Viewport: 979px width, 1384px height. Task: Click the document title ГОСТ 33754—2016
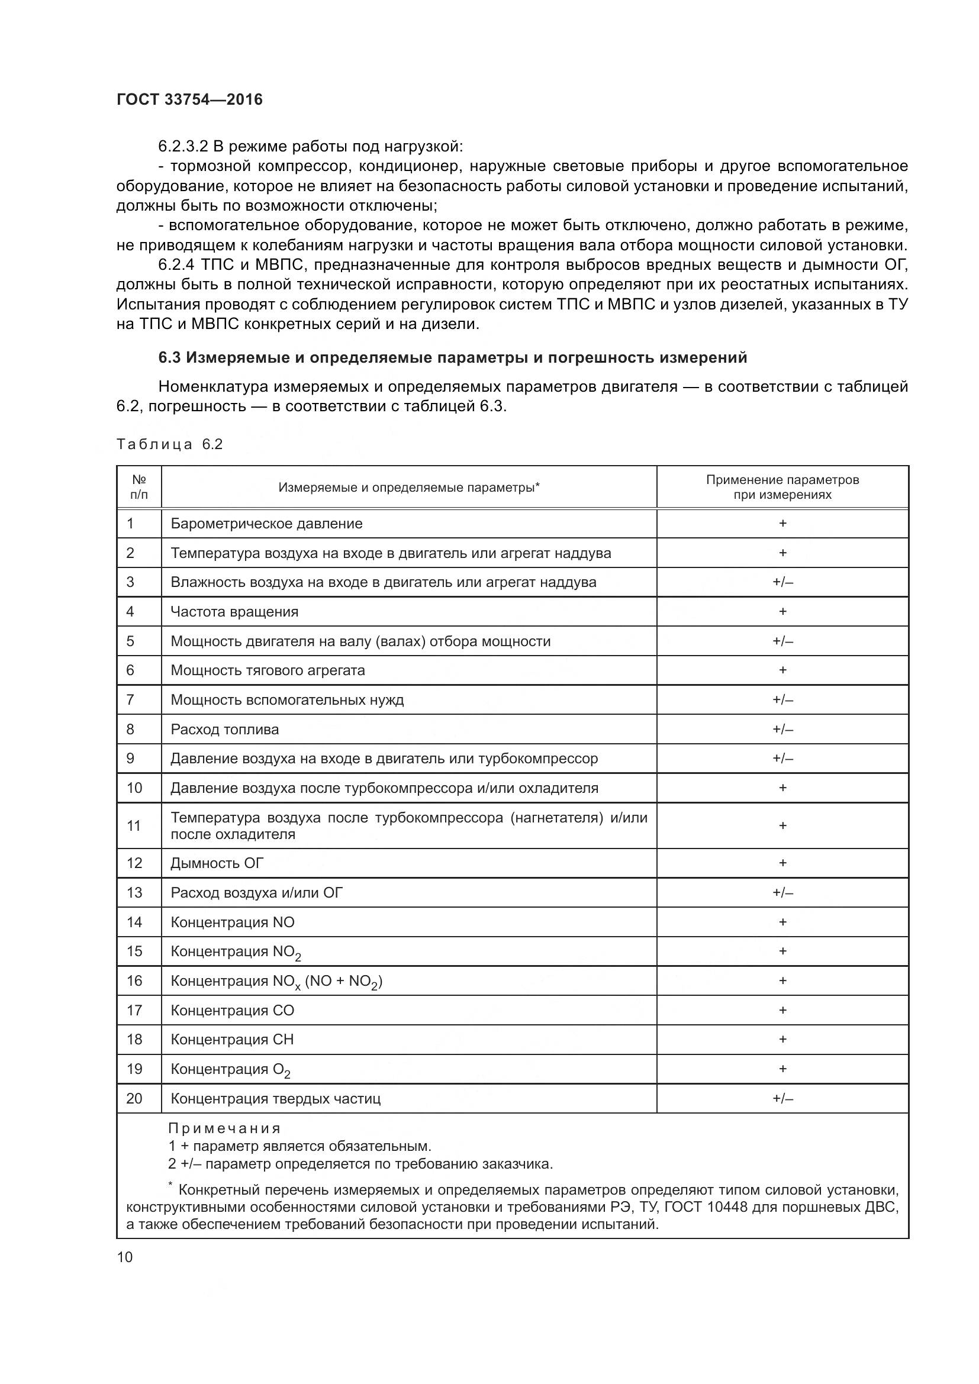[189, 99]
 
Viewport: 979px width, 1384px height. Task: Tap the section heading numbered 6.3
[452, 357]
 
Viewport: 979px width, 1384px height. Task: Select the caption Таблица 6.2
[169, 444]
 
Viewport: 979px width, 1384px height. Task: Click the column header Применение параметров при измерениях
[782, 487]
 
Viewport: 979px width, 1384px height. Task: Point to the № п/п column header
[139, 487]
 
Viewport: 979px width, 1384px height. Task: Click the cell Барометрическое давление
[266, 523]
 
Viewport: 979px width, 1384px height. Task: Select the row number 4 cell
[130, 612]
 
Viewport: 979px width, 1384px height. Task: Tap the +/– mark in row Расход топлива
[782, 730]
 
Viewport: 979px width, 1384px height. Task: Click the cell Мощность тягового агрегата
[268, 670]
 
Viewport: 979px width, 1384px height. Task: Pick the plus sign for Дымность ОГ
[782, 863]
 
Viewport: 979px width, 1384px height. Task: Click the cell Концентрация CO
[232, 1011]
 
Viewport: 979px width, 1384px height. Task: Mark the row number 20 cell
[134, 1098]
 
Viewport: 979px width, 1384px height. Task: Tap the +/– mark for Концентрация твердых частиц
[782, 1098]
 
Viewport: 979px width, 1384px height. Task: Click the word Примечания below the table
[224, 1128]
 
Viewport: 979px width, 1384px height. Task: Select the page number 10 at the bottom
[124, 1257]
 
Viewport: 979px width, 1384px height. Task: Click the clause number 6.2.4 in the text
[177, 264]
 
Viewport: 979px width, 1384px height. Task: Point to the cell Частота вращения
[234, 612]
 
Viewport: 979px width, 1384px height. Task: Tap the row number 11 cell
[134, 826]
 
